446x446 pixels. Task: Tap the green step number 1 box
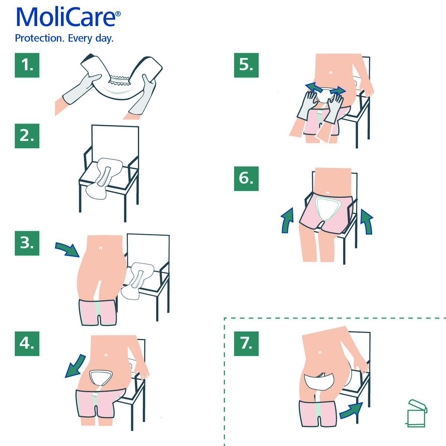click(x=27, y=65)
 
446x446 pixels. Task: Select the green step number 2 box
click(x=27, y=136)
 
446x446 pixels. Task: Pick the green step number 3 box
click(x=27, y=243)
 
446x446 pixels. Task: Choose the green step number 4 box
click(x=27, y=344)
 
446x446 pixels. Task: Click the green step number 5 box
click(x=246, y=65)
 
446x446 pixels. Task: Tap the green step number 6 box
click(x=246, y=179)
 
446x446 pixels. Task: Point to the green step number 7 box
click(x=246, y=344)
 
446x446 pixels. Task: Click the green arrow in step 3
click(x=68, y=249)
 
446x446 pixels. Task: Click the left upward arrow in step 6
click(x=287, y=220)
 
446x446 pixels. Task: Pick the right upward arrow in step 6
click(x=367, y=222)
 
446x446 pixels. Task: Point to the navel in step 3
click(x=101, y=248)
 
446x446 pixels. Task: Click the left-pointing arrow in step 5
click(x=314, y=87)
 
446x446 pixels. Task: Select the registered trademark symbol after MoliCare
click(x=118, y=14)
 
